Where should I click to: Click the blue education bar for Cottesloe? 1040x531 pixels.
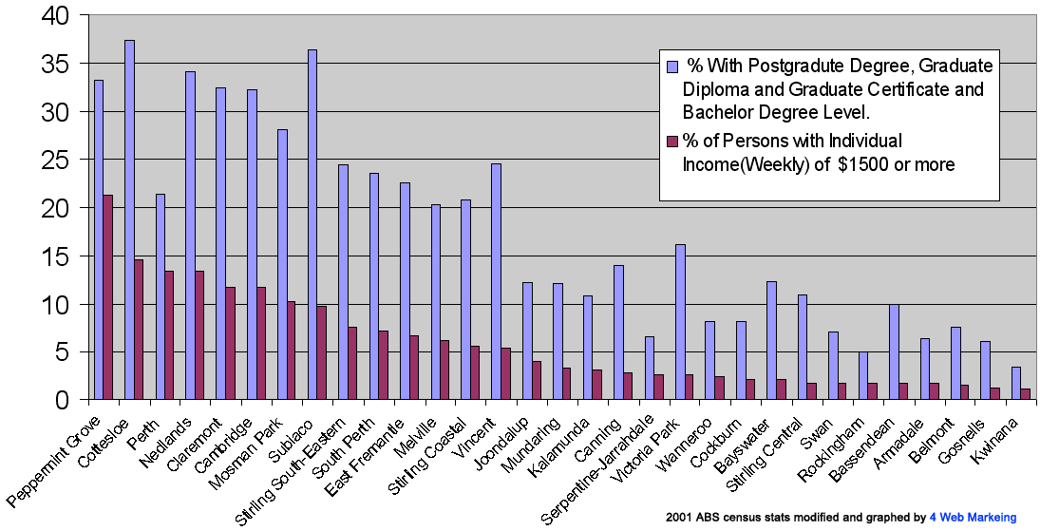click(129, 219)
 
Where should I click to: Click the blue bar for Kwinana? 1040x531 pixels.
click(1015, 383)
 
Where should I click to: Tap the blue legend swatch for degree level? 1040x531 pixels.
click(671, 67)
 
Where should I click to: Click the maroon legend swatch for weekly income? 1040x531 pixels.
click(671, 142)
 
